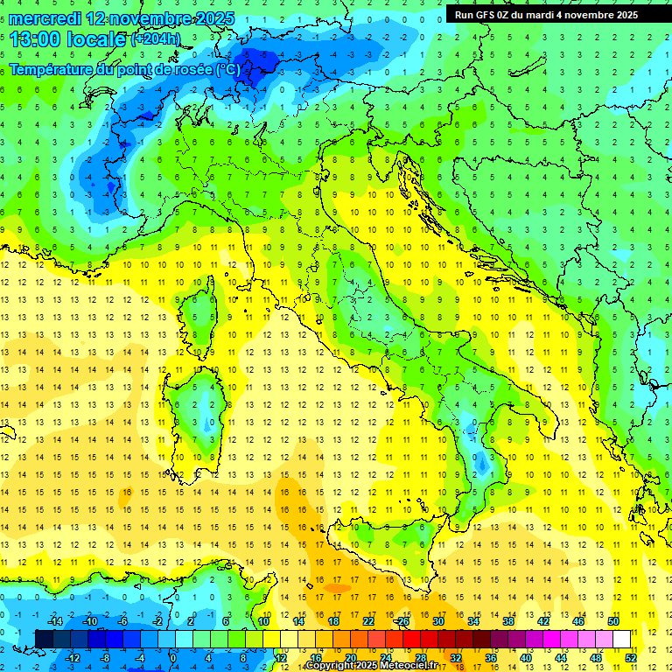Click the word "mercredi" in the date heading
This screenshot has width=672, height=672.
click(x=45, y=17)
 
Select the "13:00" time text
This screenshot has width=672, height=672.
click(x=34, y=38)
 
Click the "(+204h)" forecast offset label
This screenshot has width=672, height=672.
click(x=157, y=39)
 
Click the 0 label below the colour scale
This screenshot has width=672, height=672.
click(x=173, y=657)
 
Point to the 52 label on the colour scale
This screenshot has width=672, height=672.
click(x=631, y=657)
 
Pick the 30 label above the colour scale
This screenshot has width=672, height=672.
click(x=438, y=621)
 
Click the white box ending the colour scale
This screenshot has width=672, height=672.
click(x=621, y=639)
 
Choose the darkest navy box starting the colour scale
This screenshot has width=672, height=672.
click(x=44, y=639)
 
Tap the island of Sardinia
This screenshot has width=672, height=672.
click(x=199, y=411)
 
